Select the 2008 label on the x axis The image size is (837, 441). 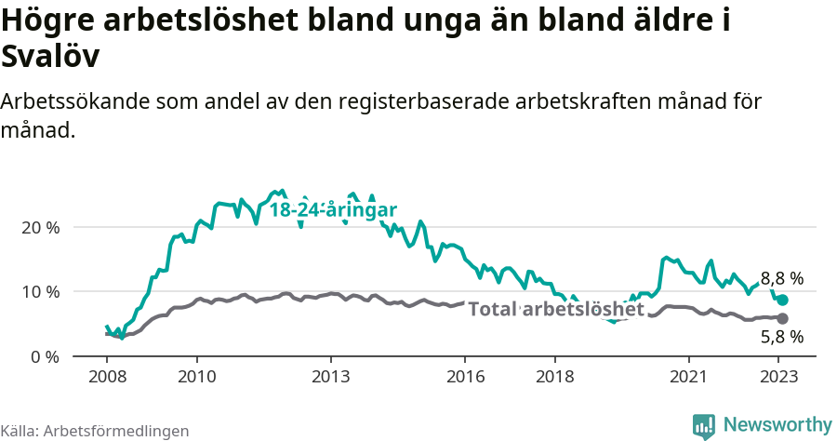point(107,377)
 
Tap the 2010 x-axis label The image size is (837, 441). point(196,377)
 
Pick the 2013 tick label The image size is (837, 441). point(331,377)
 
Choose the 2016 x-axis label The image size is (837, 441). point(465,377)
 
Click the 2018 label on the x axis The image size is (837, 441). point(555,377)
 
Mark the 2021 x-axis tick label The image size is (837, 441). point(689,377)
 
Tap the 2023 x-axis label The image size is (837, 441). point(779,377)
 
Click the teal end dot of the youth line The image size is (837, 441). point(783,300)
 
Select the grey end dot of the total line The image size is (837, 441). point(783,318)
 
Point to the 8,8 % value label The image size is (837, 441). point(782,278)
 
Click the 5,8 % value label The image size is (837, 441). point(782,338)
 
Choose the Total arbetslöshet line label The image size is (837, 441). point(556,308)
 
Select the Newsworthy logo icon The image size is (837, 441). point(704,425)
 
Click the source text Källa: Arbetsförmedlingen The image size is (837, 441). point(95,431)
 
